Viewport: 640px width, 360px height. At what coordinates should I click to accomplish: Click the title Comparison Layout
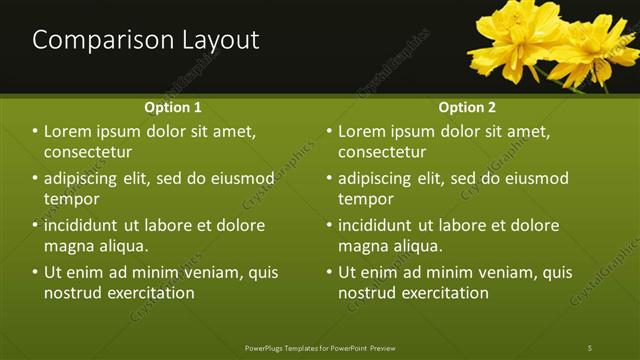coord(146,40)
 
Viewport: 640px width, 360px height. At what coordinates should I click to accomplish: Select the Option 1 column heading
coord(173,107)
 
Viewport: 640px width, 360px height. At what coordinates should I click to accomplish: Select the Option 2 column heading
coord(467,107)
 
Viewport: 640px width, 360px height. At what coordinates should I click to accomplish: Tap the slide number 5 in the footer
coord(590,347)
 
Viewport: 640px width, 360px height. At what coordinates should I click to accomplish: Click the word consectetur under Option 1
coord(88,152)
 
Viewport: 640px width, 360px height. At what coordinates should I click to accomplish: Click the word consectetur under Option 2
coord(382,152)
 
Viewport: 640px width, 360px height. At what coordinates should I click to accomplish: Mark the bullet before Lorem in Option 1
coord(35,132)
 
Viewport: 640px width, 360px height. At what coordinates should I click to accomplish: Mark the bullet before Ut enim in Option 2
coord(329,272)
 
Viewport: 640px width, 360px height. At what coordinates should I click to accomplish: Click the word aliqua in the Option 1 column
coord(124,246)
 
